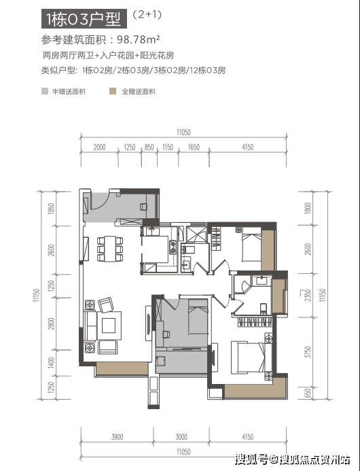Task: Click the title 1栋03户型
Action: tap(84, 19)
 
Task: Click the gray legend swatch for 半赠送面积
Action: tap(45, 91)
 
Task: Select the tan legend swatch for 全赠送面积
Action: tap(113, 91)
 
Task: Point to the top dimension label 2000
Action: tap(99, 147)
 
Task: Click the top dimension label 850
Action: tap(149, 147)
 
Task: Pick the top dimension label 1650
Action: tap(194, 147)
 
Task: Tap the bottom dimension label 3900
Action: tap(117, 437)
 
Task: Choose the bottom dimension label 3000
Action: tap(181, 437)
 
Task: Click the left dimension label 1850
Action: tap(52, 209)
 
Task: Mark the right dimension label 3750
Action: tap(308, 352)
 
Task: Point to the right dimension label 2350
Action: tap(308, 295)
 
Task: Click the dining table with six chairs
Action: tap(110, 249)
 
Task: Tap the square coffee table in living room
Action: tap(109, 326)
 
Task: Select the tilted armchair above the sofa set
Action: tap(107, 304)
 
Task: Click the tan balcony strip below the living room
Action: tap(122, 368)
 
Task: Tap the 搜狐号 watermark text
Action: tap(251, 459)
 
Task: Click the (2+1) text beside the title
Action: tap(147, 14)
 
